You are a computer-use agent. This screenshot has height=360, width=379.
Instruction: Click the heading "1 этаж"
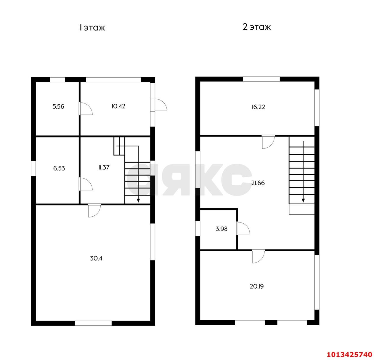pyautogui.click(x=92, y=28)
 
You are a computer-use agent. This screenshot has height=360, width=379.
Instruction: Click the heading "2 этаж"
pyautogui.click(x=257, y=27)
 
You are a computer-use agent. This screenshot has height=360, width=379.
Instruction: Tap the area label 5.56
pyautogui.click(x=58, y=106)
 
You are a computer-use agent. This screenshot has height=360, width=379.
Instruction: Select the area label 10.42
pyautogui.click(x=118, y=106)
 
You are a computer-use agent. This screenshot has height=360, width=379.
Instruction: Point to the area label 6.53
pyautogui.click(x=59, y=168)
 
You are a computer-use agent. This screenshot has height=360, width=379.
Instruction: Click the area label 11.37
pyautogui.click(x=104, y=167)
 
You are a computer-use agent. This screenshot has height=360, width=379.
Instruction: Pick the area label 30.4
pyautogui.click(x=96, y=258)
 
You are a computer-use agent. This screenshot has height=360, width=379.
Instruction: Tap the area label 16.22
pyautogui.click(x=258, y=107)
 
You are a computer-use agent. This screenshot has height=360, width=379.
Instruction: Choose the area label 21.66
pyautogui.click(x=258, y=183)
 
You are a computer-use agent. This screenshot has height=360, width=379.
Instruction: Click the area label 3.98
pyautogui.click(x=221, y=229)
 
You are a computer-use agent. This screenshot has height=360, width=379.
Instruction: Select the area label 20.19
pyautogui.click(x=257, y=286)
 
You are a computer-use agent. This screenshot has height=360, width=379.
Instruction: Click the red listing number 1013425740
pyautogui.click(x=349, y=354)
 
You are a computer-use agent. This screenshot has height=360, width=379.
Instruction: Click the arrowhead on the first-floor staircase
pyautogui.click(x=138, y=201)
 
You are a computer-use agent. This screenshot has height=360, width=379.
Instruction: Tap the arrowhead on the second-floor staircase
pyautogui.click(x=303, y=201)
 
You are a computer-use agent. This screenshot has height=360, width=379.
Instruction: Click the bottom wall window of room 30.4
pyautogui.click(x=93, y=323)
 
